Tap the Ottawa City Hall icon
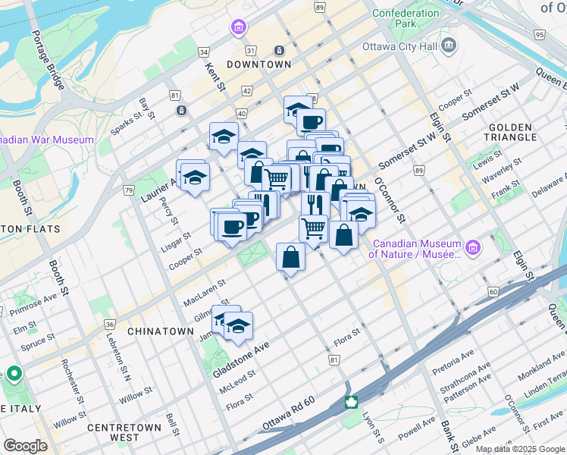[450, 45]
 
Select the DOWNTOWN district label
[258, 65]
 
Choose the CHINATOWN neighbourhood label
[161, 332]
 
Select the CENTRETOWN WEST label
[124, 432]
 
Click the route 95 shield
[539, 35]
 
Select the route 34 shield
[203, 52]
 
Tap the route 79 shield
[129, 190]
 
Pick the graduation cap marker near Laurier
[195, 177]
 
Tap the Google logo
[25, 445]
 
